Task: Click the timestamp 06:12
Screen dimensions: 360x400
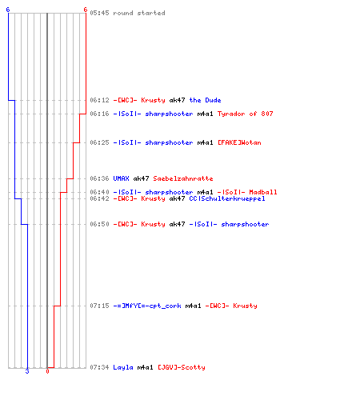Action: point(99,100)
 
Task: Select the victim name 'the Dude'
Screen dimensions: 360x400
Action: point(205,100)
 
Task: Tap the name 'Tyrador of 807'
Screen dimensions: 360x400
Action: point(246,114)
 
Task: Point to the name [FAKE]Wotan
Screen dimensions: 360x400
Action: point(239,142)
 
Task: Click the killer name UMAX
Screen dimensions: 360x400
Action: point(122,178)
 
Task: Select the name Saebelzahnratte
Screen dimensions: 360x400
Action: point(183,178)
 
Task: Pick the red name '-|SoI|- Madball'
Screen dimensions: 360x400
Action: point(247,192)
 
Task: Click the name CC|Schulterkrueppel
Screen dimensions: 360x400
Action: point(227,198)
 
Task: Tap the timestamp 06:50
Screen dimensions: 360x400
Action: point(99,224)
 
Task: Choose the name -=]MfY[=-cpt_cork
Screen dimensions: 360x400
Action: point(147,306)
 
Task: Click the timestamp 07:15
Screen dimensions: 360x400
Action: point(99,306)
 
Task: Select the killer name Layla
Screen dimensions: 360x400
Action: point(123,367)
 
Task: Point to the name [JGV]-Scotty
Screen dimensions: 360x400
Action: point(182,367)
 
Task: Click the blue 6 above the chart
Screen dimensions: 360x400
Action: point(8,10)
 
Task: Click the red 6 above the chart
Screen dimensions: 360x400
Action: point(86,10)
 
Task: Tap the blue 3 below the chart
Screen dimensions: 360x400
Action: point(27,371)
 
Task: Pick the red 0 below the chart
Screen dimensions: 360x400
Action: point(47,371)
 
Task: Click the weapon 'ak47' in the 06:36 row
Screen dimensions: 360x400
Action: point(141,178)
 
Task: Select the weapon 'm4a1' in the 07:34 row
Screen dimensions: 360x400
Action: point(146,367)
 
